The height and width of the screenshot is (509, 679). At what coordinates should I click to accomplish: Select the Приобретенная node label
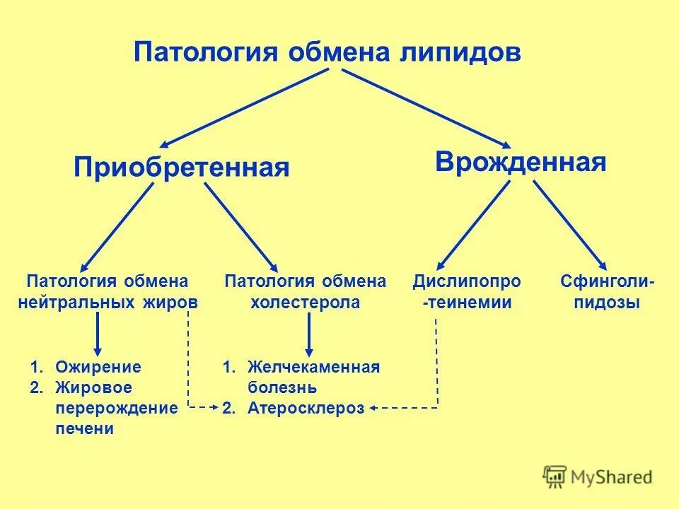[x=182, y=168]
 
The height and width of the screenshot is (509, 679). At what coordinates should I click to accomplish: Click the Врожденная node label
[x=521, y=162]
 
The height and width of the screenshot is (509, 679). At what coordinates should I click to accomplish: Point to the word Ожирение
[x=98, y=367]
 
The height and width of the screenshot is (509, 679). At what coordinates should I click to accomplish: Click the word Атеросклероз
[x=306, y=408]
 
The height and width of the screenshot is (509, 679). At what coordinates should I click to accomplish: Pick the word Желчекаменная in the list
[x=314, y=367]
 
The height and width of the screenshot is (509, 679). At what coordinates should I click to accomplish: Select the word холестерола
[x=306, y=303]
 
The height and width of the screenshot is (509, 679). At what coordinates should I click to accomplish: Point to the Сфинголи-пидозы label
[x=608, y=291]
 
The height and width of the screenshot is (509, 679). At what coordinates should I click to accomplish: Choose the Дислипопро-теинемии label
[x=467, y=291]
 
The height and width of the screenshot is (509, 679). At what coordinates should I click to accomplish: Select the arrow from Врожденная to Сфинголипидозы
[x=569, y=225]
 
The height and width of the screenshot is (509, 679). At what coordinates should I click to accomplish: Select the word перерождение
[x=116, y=408]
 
